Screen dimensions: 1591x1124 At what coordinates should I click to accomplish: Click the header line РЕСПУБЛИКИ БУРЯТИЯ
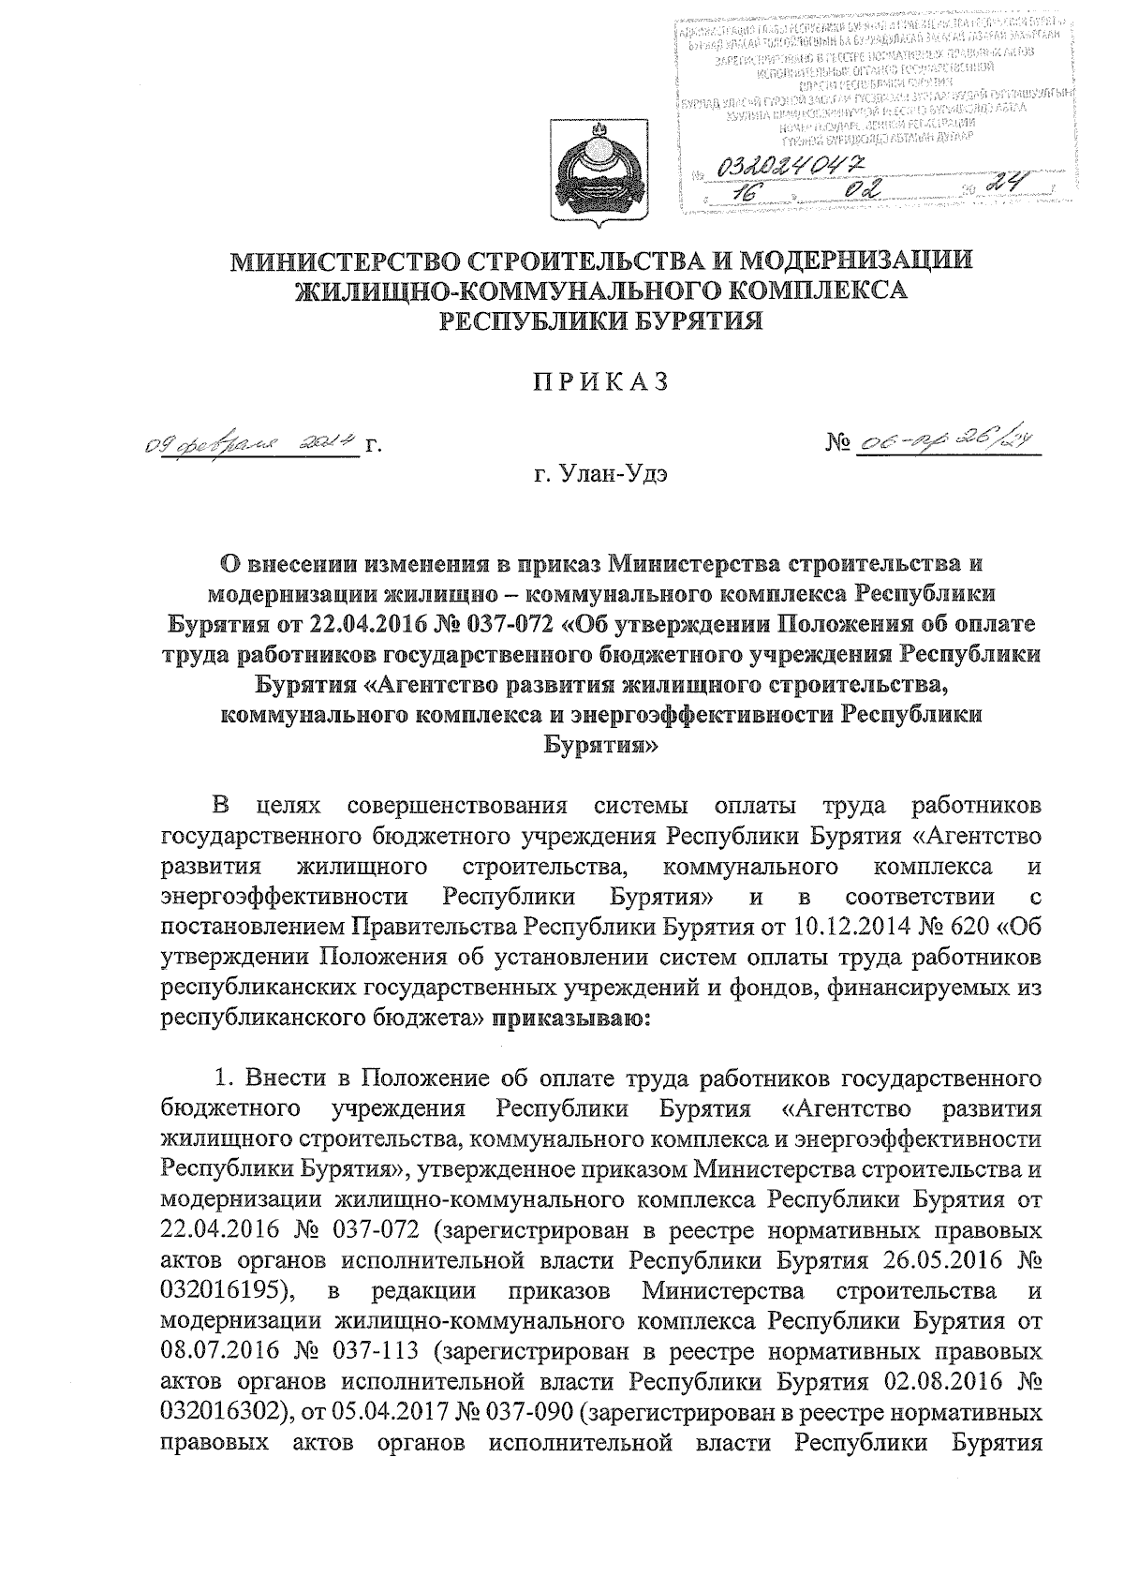(601, 321)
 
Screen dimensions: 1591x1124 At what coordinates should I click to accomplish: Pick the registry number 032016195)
(229, 1290)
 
